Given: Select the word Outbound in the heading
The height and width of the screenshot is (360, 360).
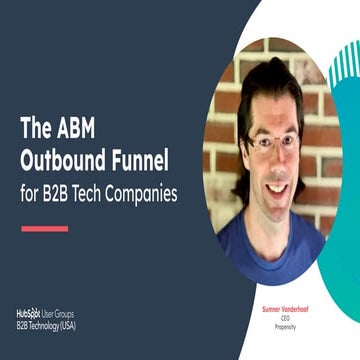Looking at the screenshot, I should click(64, 159).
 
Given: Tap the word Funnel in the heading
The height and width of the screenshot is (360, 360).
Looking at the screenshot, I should click(141, 159).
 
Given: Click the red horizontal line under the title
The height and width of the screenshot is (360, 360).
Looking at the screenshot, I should click(44, 229).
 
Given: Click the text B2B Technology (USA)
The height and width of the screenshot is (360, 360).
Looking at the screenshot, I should click(45, 325).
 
